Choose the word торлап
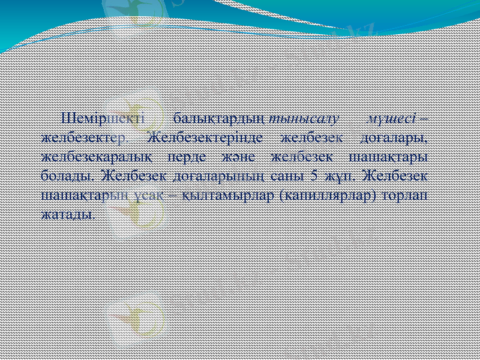[406, 196]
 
